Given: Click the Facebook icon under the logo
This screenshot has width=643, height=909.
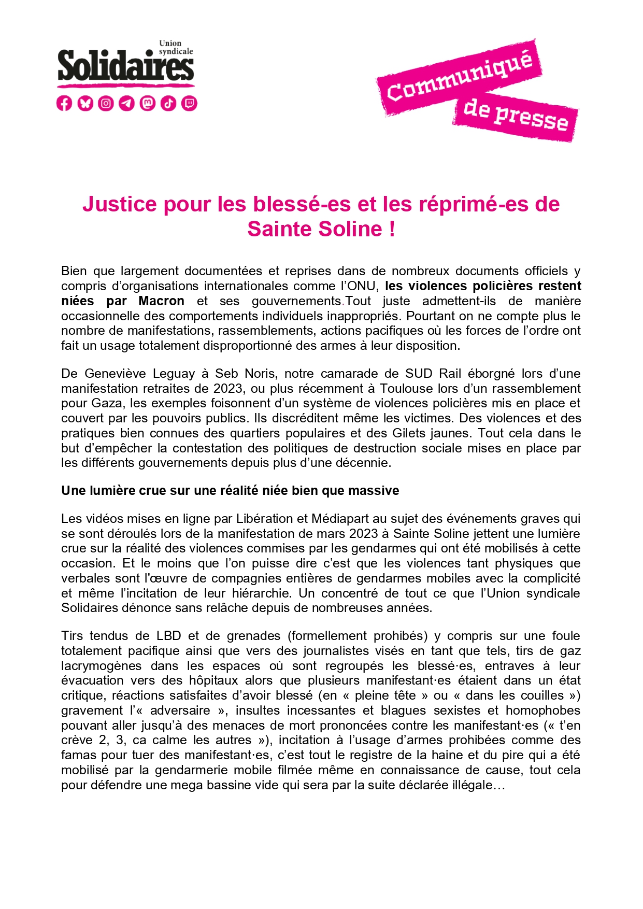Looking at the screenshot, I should point(64,104).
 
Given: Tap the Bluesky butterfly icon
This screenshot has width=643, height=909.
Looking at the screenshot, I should point(85,104).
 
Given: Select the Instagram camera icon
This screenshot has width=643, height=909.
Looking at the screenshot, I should point(106,104).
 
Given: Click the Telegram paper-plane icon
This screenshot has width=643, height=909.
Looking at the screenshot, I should point(126,104).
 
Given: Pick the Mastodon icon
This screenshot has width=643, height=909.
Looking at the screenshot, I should point(148,104).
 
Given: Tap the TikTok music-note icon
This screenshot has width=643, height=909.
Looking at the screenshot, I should point(168,104).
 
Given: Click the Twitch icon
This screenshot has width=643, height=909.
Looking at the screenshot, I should point(189,104).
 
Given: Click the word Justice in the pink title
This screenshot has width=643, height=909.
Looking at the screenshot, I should point(119,204).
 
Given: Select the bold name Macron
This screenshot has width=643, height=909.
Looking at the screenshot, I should point(161,301).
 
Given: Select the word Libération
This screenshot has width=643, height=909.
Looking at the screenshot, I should point(272,519).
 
